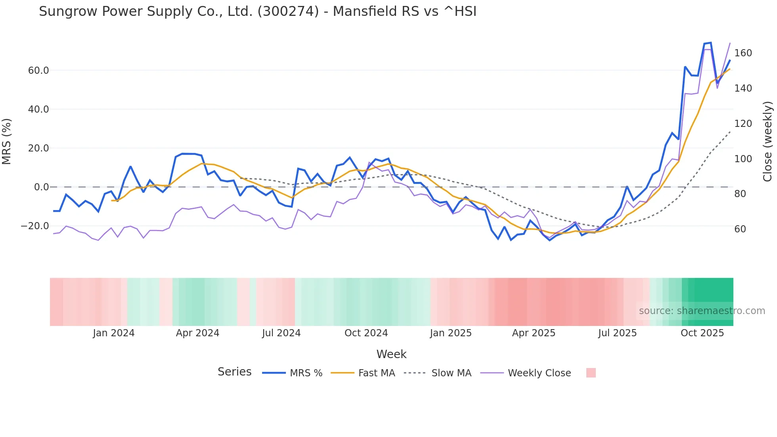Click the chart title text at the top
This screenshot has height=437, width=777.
pyautogui.click(x=258, y=11)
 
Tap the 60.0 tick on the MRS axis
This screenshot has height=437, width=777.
pyautogui.click(x=38, y=71)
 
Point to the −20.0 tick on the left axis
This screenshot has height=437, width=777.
pyautogui.click(x=35, y=226)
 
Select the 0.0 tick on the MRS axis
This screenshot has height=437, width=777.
pyautogui.click(x=41, y=187)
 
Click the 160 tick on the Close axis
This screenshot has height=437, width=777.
pyautogui.click(x=743, y=53)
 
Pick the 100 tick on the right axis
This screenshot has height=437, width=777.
pyautogui.click(x=743, y=159)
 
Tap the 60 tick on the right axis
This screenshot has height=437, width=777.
pyautogui.click(x=740, y=229)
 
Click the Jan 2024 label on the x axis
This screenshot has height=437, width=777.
pyautogui.click(x=114, y=333)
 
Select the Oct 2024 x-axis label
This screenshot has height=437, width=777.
pyautogui.click(x=366, y=333)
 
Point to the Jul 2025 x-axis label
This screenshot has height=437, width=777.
pyautogui.click(x=617, y=333)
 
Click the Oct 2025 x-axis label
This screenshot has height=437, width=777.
pyautogui.click(x=702, y=333)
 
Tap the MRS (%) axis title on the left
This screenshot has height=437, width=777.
pyautogui.click(x=7, y=142)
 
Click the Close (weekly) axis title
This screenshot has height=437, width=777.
pyautogui.click(x=767, y=142)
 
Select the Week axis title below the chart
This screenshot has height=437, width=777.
pyautogui.click(x=391, y=354)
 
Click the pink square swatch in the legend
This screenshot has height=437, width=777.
pyautogui.click(x=591, y=373)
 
